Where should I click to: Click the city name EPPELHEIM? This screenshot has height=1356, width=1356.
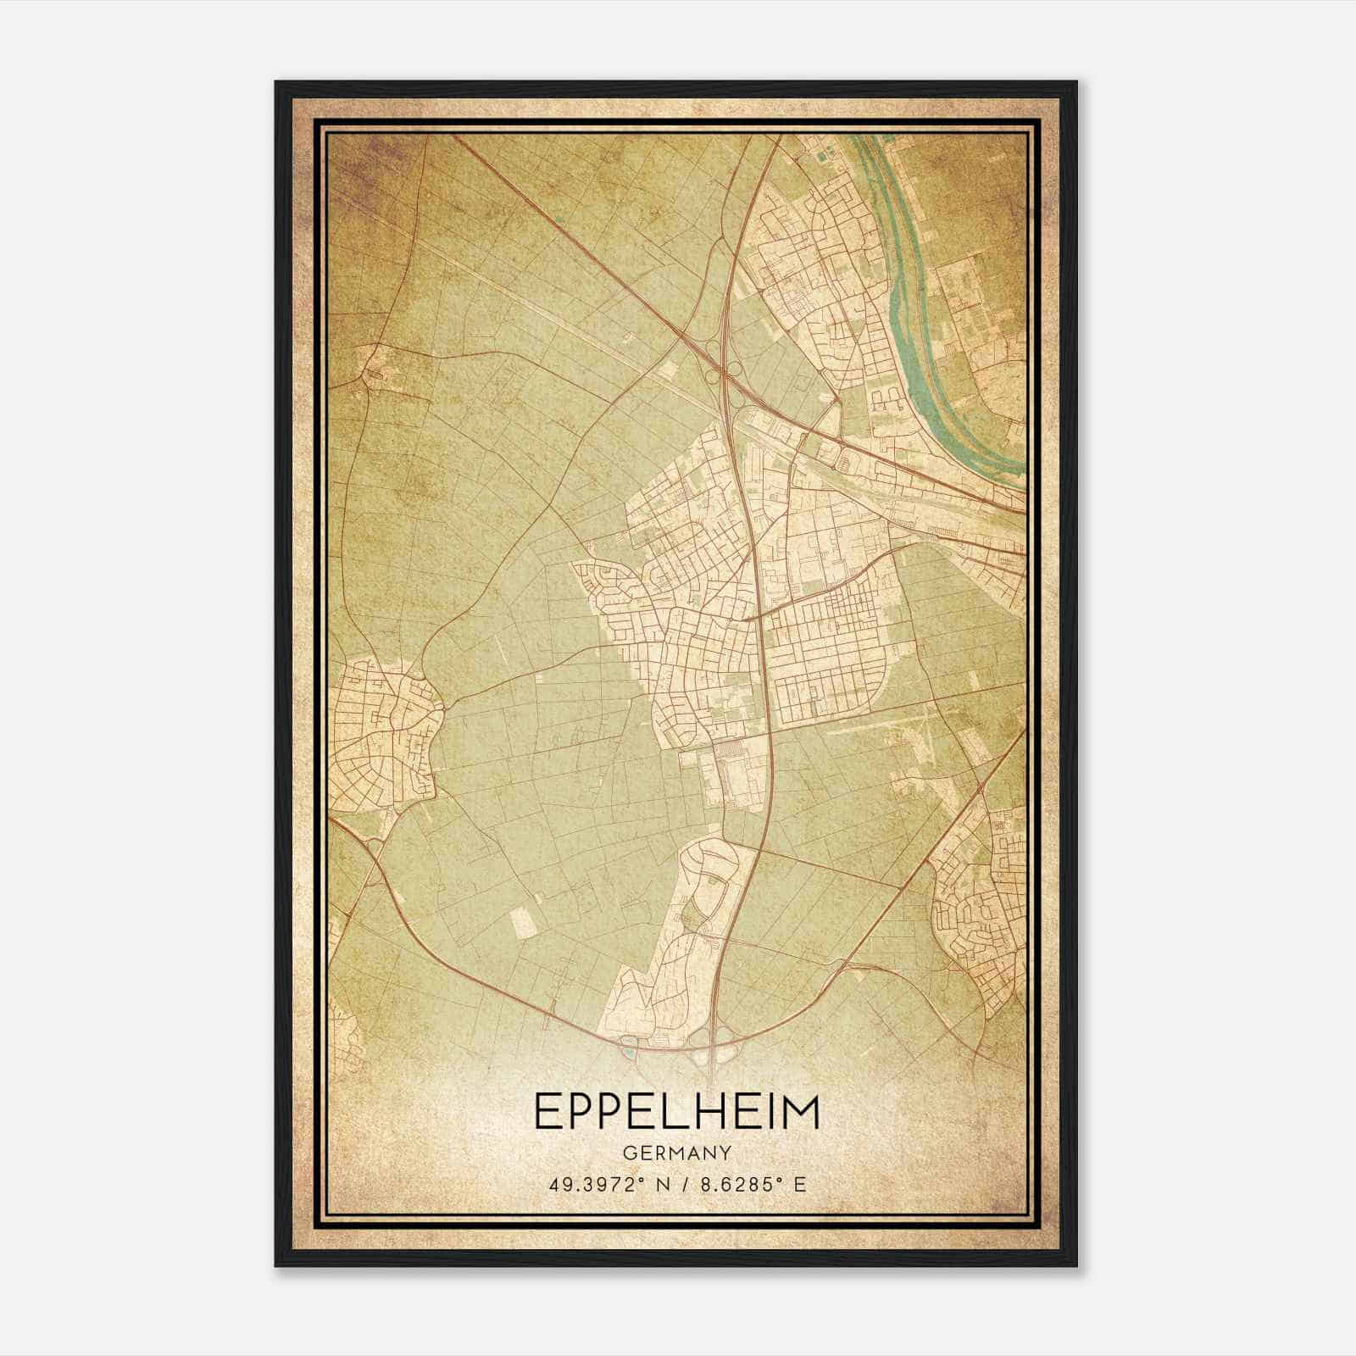pos(677,1112)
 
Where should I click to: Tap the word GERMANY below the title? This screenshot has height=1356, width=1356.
pos(677,1153)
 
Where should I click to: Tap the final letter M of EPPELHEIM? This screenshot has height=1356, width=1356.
pos(801,1112)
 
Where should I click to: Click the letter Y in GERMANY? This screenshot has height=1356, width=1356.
pos(725,1153)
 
